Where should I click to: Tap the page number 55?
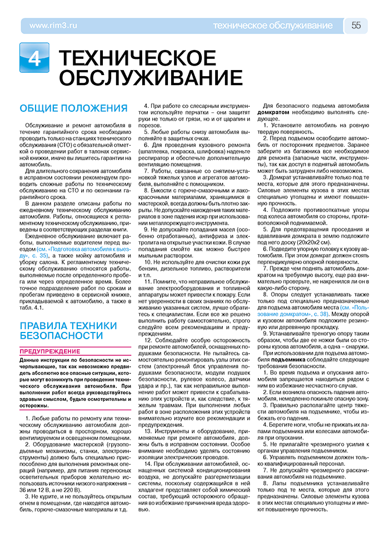356,26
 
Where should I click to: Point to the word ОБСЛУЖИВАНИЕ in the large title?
143,78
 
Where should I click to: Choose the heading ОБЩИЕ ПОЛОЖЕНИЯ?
73,108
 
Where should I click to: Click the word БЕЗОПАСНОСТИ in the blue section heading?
61,336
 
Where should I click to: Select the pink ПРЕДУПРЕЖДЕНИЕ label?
49,351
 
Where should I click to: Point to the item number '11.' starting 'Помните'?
148,282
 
